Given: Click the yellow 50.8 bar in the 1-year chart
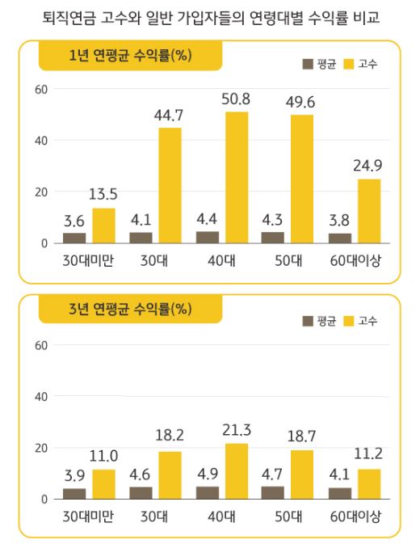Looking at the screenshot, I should [237, 177].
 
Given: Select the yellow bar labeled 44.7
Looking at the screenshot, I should [170, 185].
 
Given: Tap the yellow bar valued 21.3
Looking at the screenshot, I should [237, 471].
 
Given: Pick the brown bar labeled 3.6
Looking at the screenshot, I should [74, 238].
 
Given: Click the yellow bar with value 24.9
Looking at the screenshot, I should [368, 210].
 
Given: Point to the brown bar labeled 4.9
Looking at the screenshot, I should [208, 492].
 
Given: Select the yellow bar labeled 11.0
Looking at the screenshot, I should [103, 484].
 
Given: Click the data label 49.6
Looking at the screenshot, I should [302, 102].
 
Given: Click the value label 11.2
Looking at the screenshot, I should [368, 457].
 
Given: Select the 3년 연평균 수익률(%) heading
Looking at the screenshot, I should [129, 310].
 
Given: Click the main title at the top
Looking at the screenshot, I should [209, 16].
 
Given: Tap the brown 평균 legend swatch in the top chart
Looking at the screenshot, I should [309, 64].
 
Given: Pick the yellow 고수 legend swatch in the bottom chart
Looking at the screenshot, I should [349, 320].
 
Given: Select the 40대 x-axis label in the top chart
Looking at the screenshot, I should [221, 262].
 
